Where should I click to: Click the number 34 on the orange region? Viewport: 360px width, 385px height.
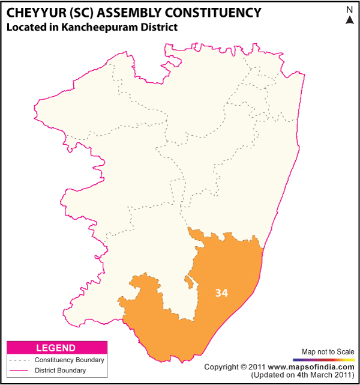tap(221, 293)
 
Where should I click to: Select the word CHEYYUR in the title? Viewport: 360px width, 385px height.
tap(38, 13)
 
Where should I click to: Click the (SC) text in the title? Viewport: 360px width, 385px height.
tap(88, 13)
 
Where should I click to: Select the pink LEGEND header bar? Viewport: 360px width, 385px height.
tap(56, 348)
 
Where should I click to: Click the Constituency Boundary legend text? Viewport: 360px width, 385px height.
tap(69, 360)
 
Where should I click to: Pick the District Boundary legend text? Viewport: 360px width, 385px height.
tap(60, 370)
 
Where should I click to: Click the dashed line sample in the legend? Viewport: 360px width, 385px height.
tap(19, 360)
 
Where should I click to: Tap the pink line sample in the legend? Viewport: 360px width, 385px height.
tap(19, 371)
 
